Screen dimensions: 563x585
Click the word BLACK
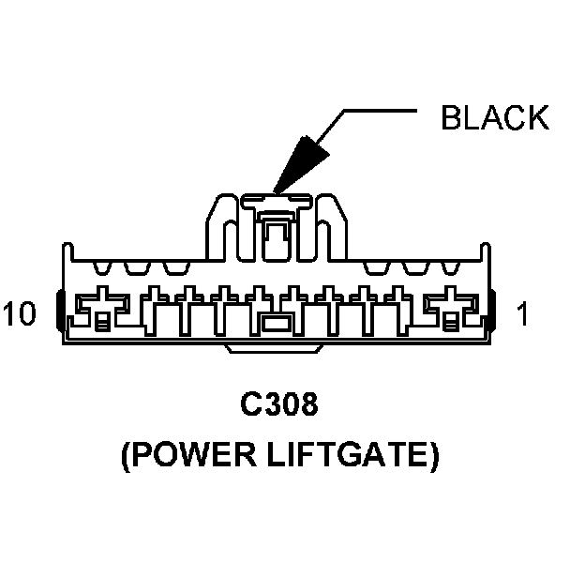[495, 117]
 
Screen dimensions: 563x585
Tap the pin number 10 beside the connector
[20, 313]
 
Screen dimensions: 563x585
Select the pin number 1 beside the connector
[522, 314]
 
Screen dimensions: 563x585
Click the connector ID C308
[279, 405]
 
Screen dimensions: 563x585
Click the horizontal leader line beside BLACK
[381, 112]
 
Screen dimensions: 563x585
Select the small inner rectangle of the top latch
[276, 236]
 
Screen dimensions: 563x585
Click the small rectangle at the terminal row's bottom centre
[276, 325]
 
